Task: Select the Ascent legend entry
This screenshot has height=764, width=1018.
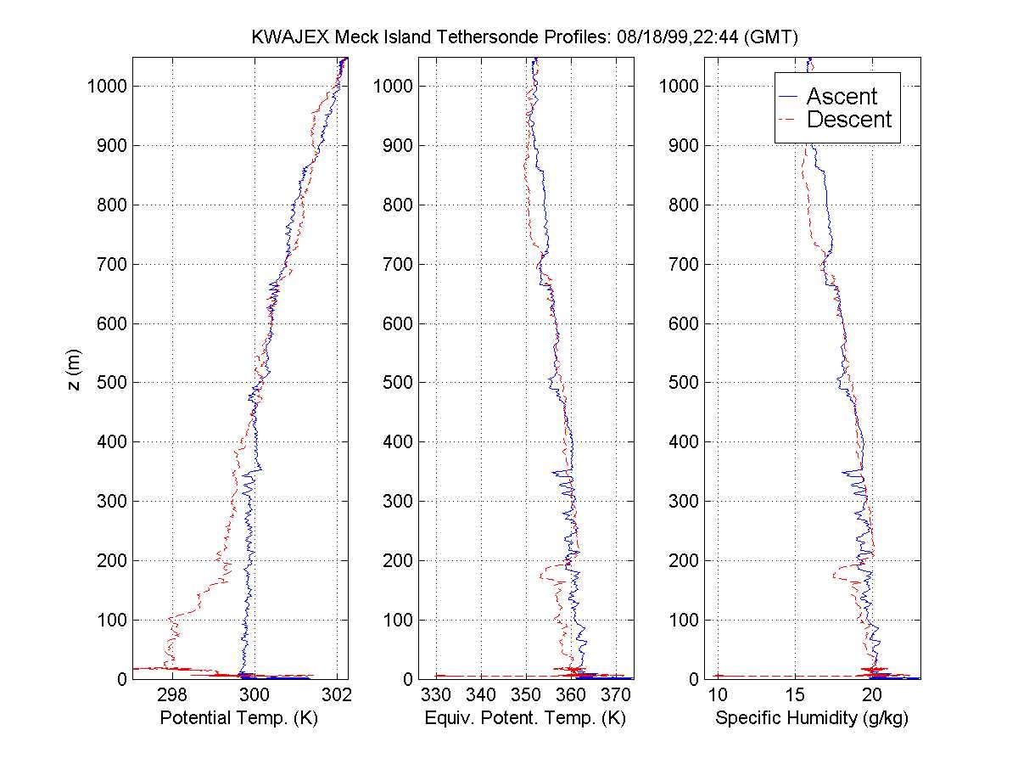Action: pyautogui.click(x=841, y=97)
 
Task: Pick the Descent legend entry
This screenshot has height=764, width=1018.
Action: pyautogui.click(x=848, y=120)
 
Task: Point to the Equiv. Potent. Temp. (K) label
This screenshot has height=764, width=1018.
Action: pyautogui.click(x=525, y=718)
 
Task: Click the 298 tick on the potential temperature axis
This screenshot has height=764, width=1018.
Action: pyautogui.click(x=173, y=694)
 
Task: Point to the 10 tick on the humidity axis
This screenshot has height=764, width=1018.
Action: pyautogui.click(x=717, y=694)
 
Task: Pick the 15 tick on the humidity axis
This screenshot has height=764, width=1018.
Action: pyautogui.click(x=795, y=694)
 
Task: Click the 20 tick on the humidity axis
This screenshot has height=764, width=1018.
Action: pyautogui.click(x=873, y=694)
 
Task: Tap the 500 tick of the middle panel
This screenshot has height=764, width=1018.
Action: pyautogui.click(x=398, y=382)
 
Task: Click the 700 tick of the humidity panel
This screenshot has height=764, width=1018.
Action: pyautogui.click(x=685, y=264)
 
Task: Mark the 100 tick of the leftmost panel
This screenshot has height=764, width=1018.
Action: pyautogui.click(x=111, y=620)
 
